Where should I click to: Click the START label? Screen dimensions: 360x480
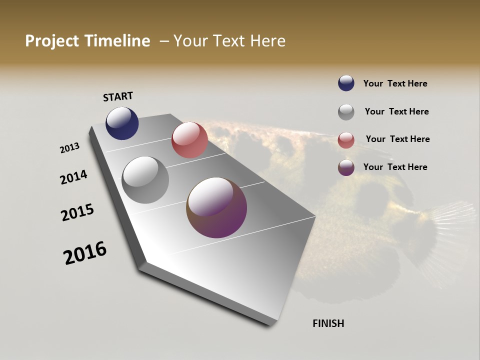pyautogui.click(x=118, y=96)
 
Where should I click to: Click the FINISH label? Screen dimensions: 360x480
pyautogui.click(x=328, y=323)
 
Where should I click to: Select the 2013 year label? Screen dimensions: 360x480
pyautogui.click(x=70, y=148)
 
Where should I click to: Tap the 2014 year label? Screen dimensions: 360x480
pyautogui.click(x=73, y=177)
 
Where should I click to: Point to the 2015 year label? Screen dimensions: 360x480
pyautogui.click(x=77, y=212)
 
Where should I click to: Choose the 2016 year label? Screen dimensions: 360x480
pyautogui.click(x=85, y=253)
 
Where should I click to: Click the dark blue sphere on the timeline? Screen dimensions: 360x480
pyautogui.click(x=122, y=123)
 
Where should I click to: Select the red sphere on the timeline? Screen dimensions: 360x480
pyautogui.click(x=189, y=140)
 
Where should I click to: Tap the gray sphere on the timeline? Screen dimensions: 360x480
pyautogui.click(x=145, y=180)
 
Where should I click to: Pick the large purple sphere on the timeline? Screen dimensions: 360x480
pyautogui.click(x=216, y=207)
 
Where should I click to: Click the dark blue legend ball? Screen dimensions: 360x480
pyautogui.click(x=346, y=83)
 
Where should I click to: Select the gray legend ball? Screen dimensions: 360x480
pyautogui.click(x=346, y=112)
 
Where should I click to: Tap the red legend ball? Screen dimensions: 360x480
pyautogui.click(x=346, y=140)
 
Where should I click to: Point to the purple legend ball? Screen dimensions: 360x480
pyautogui.click(x=346, y=167)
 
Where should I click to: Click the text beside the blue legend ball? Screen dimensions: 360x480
pyautogui.click(x=395, y=83)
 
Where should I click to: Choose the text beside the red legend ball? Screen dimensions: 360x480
pyautogui.click(x=397, y=139)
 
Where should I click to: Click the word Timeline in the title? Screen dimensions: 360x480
pyautogui.click(x=118, y=41)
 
